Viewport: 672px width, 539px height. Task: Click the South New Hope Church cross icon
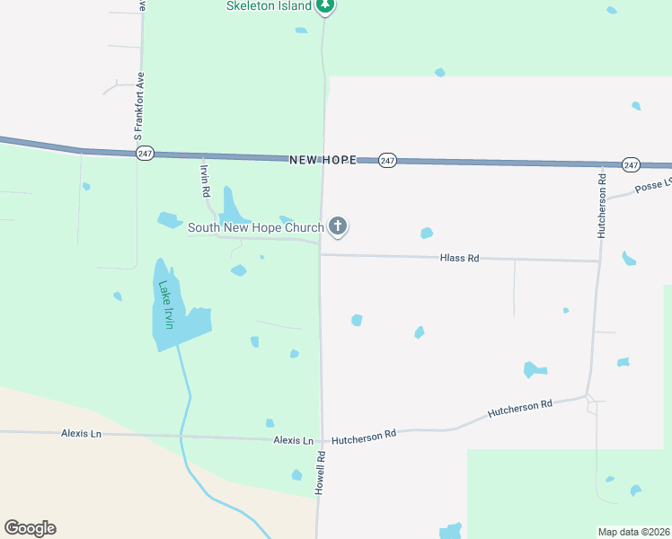tap(338, 226)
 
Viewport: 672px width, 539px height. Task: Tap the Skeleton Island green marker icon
tap(326, 5)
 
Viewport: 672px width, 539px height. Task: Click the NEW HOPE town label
tap(323, 160)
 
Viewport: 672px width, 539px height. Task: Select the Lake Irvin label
tap(167, 304)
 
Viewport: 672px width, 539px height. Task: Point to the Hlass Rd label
tap(459, 258)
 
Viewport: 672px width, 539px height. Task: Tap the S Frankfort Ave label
tap(138, 106)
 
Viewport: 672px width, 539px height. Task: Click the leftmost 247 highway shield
tap(145, 154)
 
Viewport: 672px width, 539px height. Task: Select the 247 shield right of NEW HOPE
tap(387, 160)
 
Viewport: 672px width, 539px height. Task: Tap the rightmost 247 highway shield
tap(631, 164)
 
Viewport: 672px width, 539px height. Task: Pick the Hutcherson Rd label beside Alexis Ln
tap(364, 435)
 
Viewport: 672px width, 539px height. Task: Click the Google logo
tap(30, 527)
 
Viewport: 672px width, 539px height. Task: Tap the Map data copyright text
tap(633, 531)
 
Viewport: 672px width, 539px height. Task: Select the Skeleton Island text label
tap(269, 5)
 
